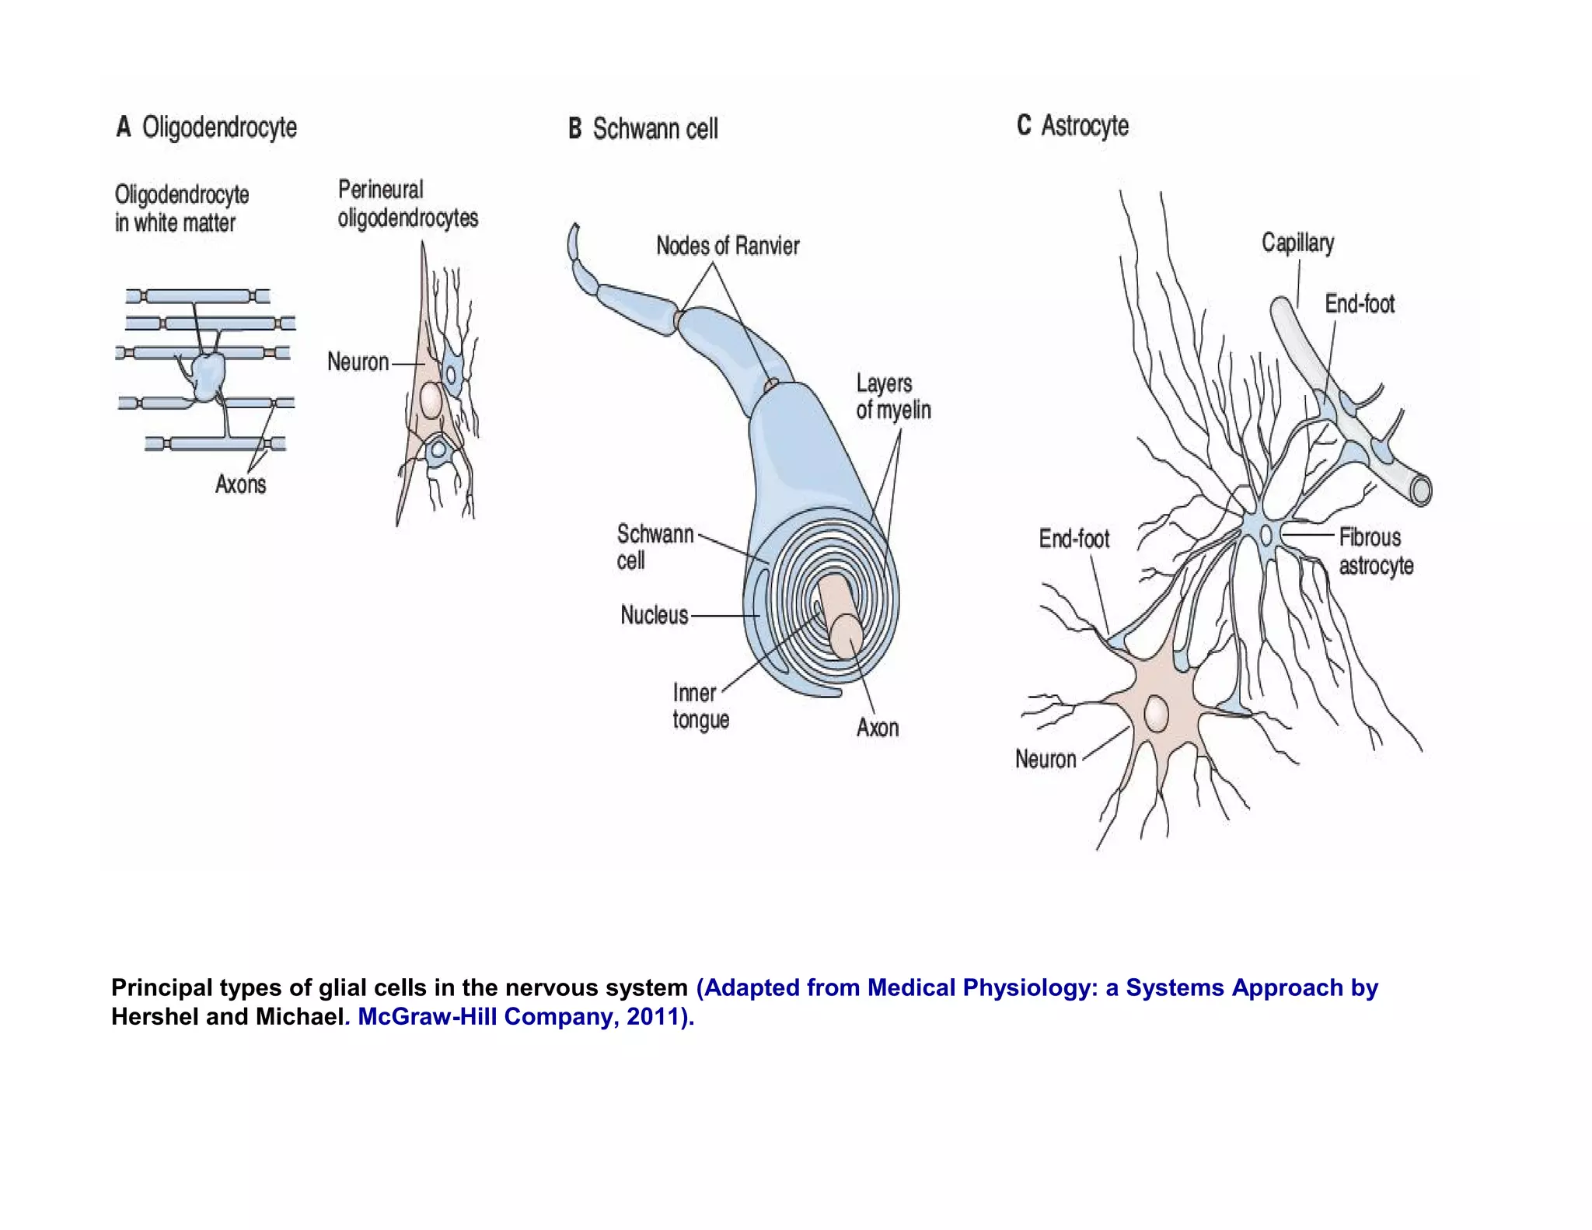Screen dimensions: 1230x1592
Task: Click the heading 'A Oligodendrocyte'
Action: point(207,127)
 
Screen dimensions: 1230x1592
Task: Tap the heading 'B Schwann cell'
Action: point(643,129)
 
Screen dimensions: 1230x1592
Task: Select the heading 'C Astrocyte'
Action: point(1073,125)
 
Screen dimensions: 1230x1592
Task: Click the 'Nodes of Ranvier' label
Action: point(728,246)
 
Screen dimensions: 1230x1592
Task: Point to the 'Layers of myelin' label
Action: point(893,397)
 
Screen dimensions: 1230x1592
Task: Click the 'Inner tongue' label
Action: point(700,706)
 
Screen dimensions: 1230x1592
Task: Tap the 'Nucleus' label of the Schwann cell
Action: point(654,615)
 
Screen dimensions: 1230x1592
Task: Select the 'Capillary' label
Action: point(1297,243)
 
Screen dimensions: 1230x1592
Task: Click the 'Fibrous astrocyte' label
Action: point(1375,551)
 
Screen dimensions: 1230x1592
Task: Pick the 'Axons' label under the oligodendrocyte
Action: point(240,484)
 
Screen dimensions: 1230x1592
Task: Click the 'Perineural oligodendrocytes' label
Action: point(407,204)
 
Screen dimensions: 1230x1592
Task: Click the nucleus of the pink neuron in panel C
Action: point(1157,713)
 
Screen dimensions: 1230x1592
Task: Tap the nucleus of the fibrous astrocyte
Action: point(1266,535)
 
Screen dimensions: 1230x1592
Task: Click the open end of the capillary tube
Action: point(1422,491)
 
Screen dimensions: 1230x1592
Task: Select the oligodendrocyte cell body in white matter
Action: point(207,376)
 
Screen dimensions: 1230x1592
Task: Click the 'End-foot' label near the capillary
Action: point(1360,303)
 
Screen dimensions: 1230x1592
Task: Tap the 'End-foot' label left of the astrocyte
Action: point(1074,538)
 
